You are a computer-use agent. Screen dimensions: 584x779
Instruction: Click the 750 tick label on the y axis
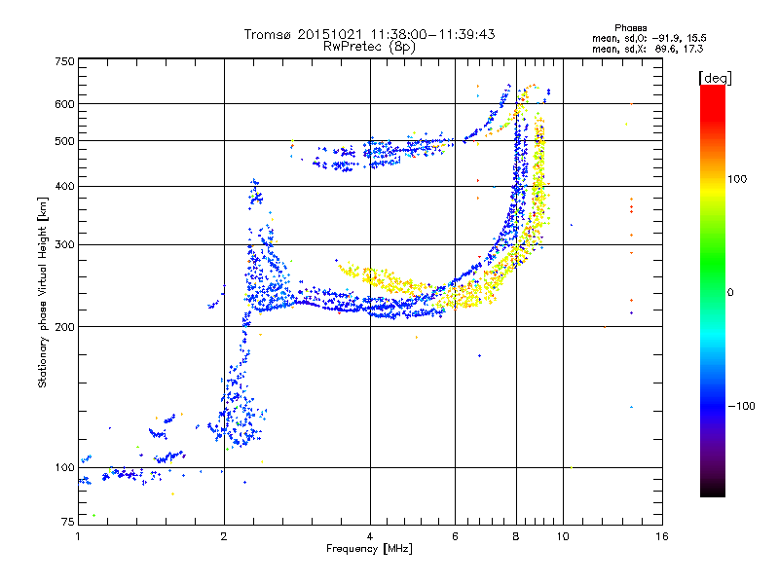[x=64, y=61]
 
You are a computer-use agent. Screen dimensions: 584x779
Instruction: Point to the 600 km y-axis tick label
[x=64, y=103]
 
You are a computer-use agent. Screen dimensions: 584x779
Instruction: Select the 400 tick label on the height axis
[x=64, y=186]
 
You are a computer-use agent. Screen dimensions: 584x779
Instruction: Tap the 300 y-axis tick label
[x=64, y=244]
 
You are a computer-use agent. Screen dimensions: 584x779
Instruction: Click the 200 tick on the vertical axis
[x=64, y=326]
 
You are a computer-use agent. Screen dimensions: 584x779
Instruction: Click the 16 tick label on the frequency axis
[x=661, y=536]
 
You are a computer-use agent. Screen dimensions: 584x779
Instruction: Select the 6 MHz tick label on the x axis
[x=455, y=536]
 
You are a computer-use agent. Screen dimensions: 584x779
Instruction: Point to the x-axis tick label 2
[x=224, y=536]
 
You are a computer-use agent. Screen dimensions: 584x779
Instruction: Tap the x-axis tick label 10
[x=562, y=536]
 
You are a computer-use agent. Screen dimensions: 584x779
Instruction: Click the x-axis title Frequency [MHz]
[x=369, y=549]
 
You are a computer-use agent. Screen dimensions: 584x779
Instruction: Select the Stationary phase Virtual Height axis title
[x=43, y=292]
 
